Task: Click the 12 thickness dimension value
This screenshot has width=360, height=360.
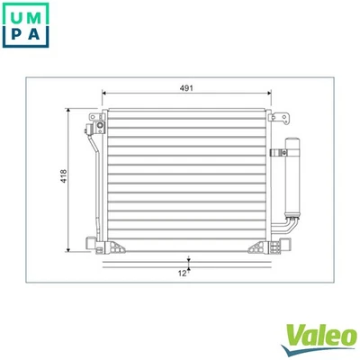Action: [181, 272]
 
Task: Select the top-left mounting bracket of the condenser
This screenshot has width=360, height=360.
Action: [92, 126]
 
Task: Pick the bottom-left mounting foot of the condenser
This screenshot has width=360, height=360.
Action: [92, 244]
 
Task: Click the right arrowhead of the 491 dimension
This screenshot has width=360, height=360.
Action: [266, 94]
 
